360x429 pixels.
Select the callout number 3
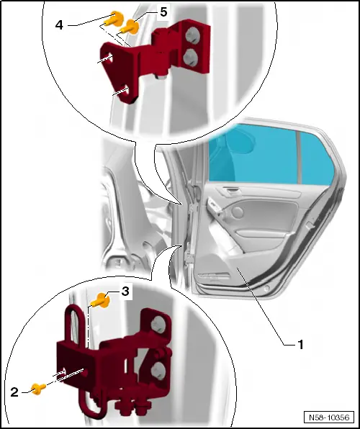pyautogui.click(x=125, y=292)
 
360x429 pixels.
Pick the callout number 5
pyautogui.click(x=163, y=13)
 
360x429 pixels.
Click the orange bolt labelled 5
pyautogui.click(x=132, y=27)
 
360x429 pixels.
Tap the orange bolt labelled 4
pyautogui.click(x=114, y=19)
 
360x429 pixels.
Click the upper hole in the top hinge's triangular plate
pyautogui.click(x=108, y=57)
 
